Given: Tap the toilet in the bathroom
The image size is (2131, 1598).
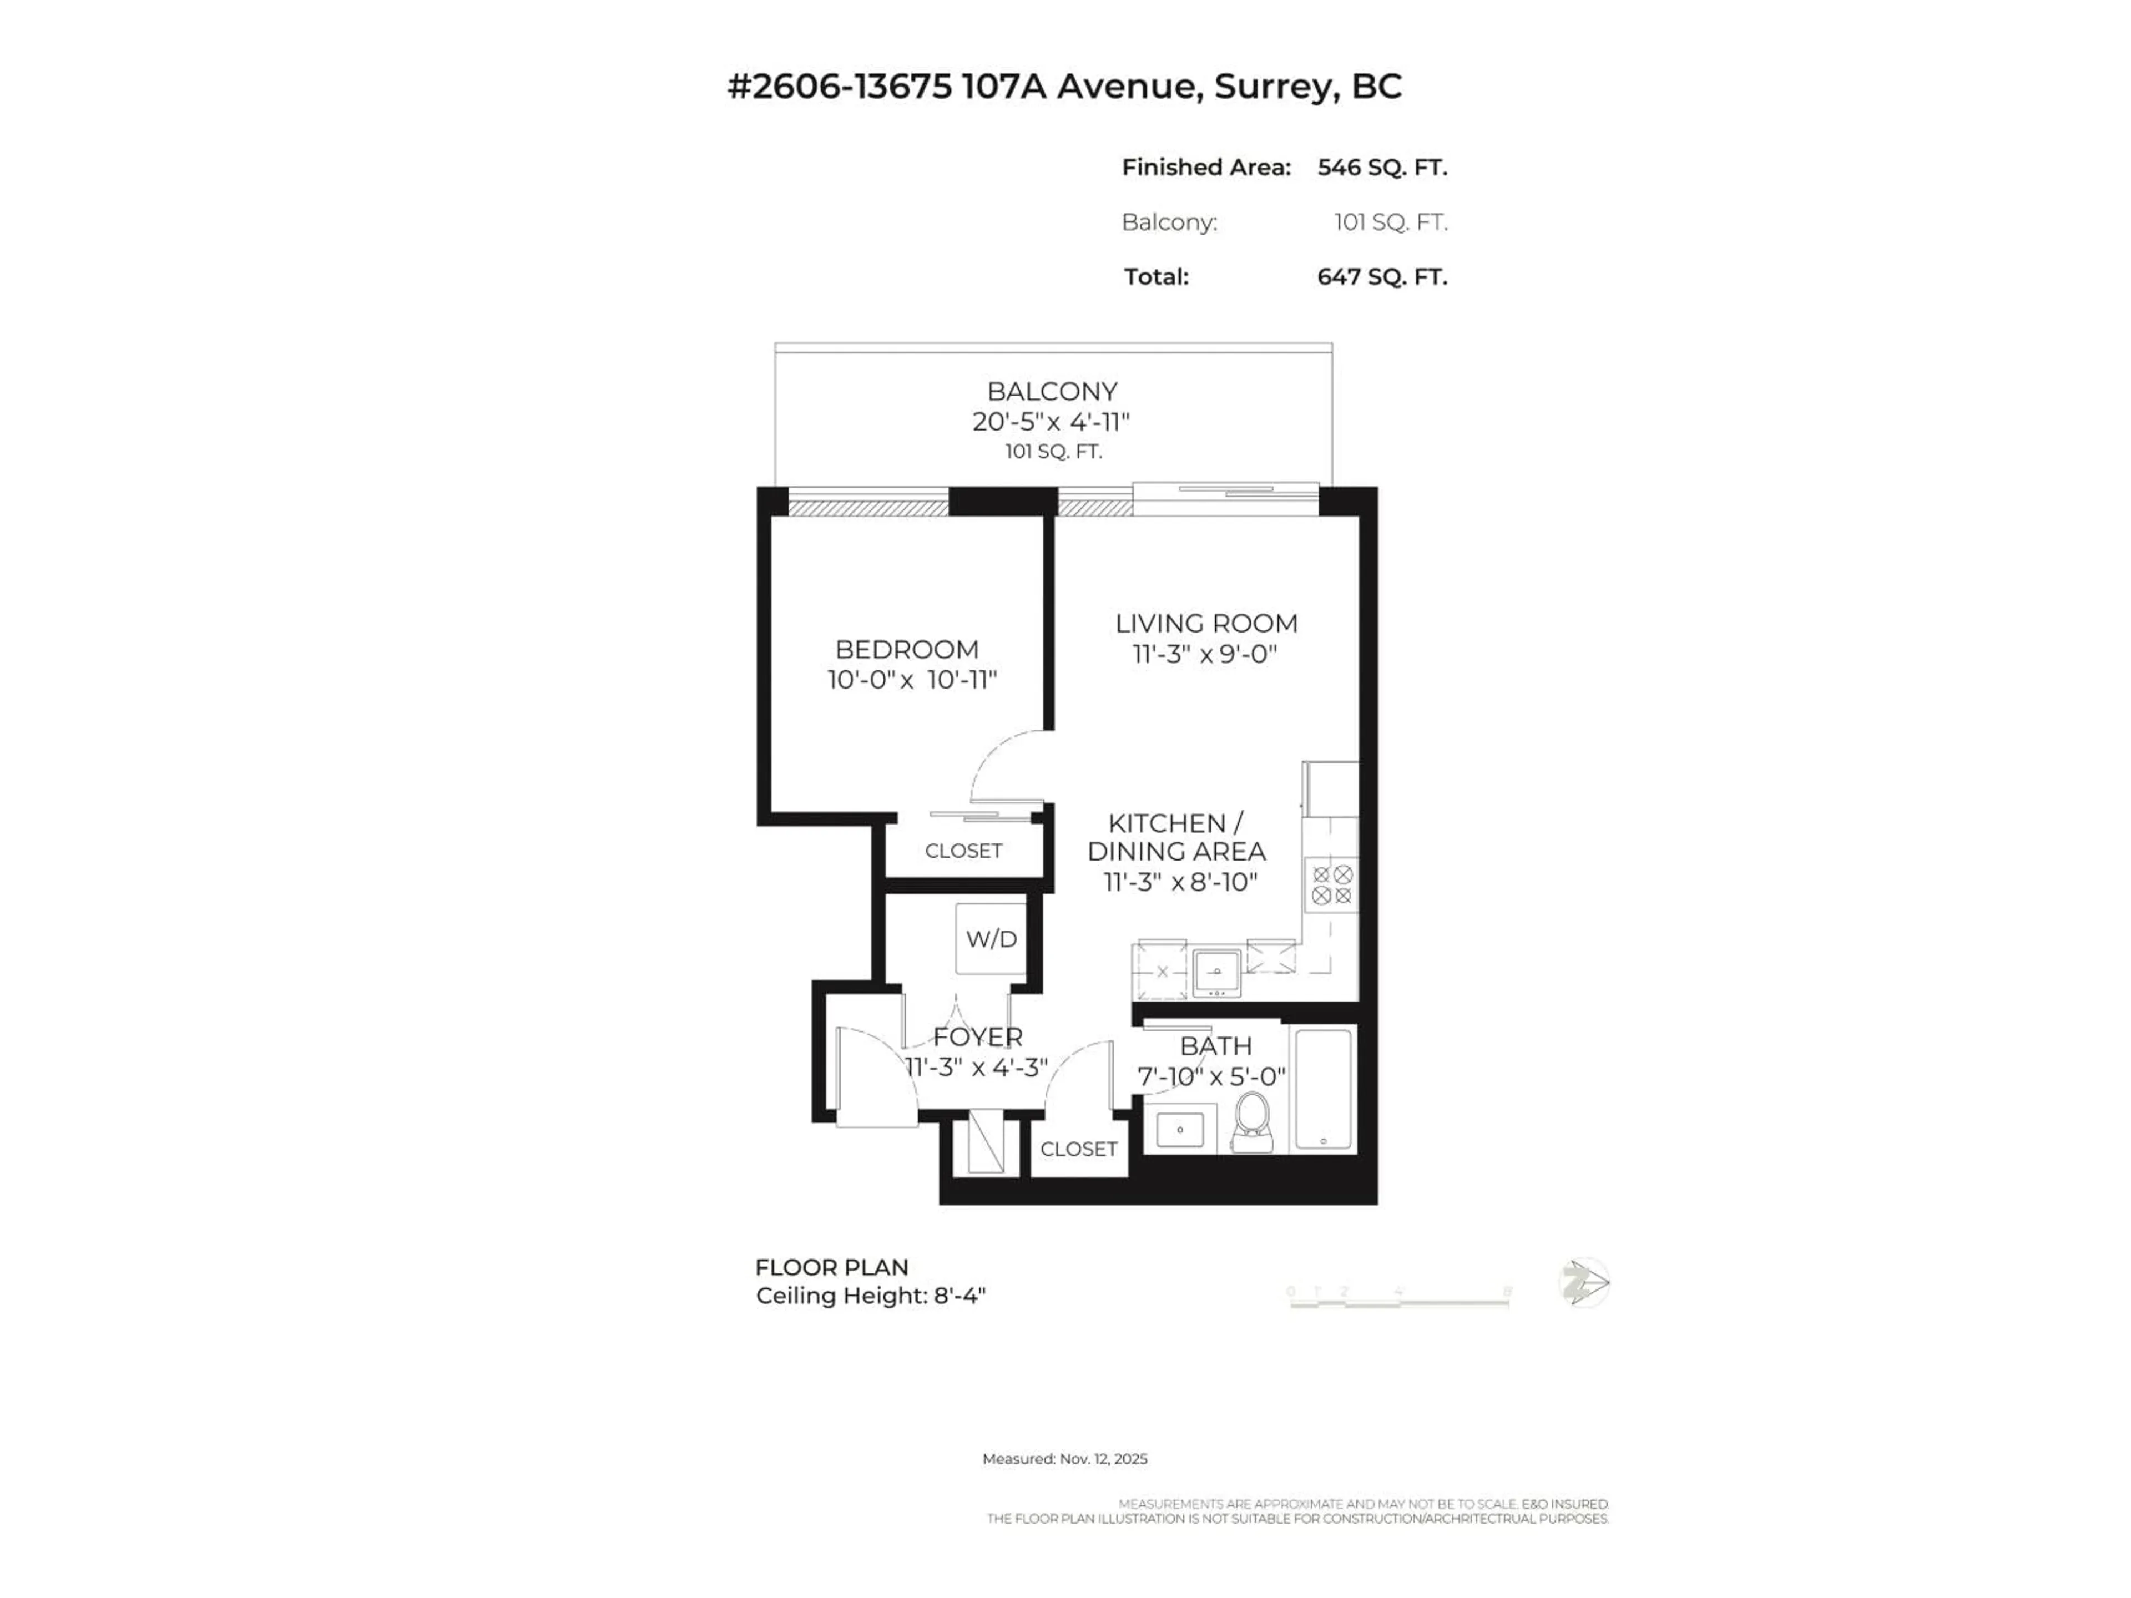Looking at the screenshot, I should [x=1251, y=1123].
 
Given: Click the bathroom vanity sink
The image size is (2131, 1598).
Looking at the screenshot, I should [x=1179, y=1129].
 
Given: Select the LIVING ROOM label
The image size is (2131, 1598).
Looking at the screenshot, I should [x=1206, y=623].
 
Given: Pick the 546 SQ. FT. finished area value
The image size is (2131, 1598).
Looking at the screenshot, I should [x=1381, y=168].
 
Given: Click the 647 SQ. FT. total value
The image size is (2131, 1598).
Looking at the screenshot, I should [x=1381, y=277].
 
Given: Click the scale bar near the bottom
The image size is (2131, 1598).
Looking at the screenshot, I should [x=1399, y=1301].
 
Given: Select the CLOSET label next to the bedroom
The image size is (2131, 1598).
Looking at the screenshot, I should [x=963, y=851].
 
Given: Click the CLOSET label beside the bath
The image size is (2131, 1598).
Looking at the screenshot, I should [x=1078, y=1149].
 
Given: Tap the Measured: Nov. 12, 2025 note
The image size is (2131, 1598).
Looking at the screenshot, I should [x=1064, y=1458].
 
